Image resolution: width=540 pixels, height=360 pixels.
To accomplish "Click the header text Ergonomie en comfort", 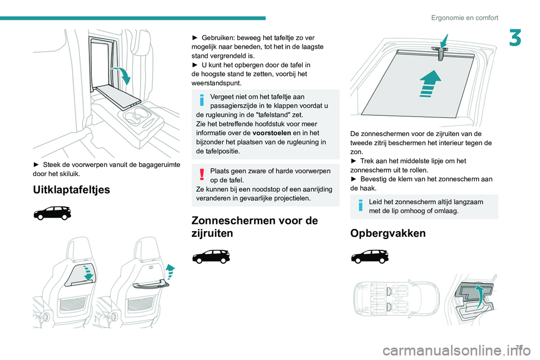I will coord(465,17).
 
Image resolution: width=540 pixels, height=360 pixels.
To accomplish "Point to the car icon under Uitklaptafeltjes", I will coord(52,213).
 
